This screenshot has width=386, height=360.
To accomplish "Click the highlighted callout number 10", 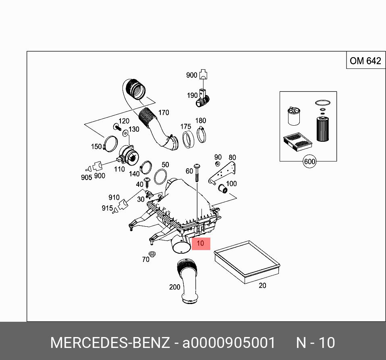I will pos(200,243).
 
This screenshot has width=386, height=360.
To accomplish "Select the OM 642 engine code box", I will pos(365,61).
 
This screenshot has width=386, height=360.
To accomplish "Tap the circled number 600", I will pos(309,162).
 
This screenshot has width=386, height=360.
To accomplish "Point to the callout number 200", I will pos(174,287).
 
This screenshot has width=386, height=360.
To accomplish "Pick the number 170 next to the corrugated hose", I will pos(163,113).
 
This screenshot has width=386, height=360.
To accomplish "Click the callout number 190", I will pos(192,95).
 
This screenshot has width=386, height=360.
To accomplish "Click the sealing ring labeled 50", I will pos(161,176).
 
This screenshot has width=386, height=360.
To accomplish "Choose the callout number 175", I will pos(185,127).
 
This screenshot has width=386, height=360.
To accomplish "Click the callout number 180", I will pos(200,121).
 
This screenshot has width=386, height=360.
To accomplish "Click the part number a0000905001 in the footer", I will pos(229,343).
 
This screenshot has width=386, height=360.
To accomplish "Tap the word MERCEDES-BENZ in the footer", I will pos(110,343).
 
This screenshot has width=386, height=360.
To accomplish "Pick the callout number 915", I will pos(107,208).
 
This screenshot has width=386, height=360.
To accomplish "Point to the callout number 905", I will pos(86,177).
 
